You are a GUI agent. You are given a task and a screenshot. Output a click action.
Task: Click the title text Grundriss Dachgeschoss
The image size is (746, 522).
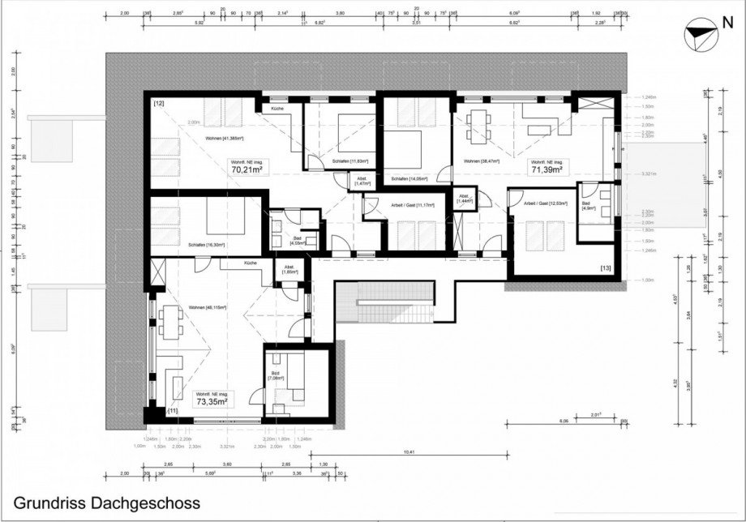coord(106,503)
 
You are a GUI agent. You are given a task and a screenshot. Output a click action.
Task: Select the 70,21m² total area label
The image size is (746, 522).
coord(247,170)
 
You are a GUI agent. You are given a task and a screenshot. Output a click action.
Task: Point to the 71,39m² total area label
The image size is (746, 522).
coord(547,170)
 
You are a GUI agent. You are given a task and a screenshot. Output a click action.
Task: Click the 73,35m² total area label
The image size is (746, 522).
coord(210,400)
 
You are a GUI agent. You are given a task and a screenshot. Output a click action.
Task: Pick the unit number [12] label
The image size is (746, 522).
coord(159,104)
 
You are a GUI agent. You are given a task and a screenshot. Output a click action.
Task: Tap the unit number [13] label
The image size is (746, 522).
coord(605,267)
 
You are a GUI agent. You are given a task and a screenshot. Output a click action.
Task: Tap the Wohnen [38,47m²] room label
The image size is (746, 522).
coord(481,162)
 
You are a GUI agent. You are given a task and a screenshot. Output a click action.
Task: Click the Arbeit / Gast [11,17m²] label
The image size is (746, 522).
coord(412,205)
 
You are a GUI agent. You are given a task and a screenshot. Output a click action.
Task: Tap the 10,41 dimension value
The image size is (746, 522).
coord(407,452)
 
